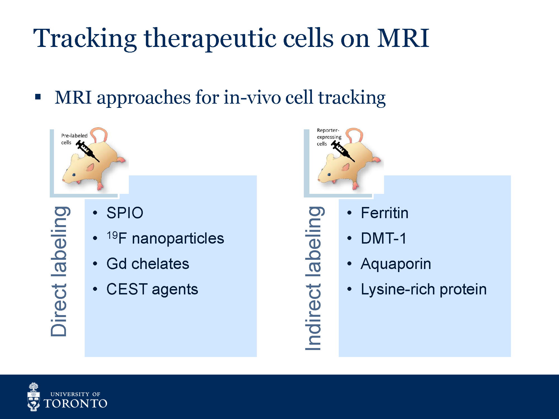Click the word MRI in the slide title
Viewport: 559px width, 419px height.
pos(403,38)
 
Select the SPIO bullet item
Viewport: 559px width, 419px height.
pos(125,213)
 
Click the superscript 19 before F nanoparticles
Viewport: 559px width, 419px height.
pos(112,235)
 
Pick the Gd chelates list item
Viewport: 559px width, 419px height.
pos(148,264)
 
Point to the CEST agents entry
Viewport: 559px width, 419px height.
pos(152,289)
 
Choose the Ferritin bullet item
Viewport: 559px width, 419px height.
pos(385,213)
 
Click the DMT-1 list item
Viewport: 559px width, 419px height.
pos(383,238)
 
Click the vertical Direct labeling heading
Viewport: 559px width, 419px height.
pos(59,271)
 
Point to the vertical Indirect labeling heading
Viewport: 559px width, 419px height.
pos(314,278)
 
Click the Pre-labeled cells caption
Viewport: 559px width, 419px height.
pos(74,139)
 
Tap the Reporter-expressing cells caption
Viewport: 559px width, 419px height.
pos(329,137)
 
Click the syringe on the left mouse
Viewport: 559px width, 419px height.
pos(87,151)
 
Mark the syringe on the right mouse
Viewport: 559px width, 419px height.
pos(343,151)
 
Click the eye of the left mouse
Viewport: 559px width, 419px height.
pos(74,175)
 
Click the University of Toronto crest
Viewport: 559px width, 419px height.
pos(34,397)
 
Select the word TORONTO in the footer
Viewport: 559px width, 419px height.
pos(75,404)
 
